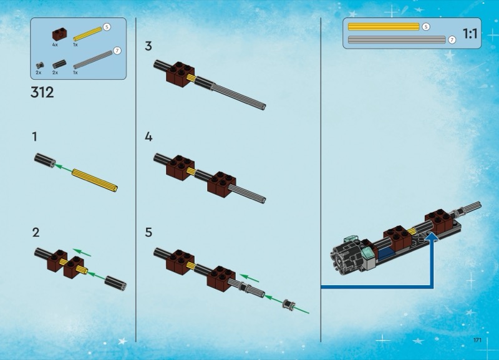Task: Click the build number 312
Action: tap(42, 92)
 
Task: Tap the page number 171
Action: tap(477, 340)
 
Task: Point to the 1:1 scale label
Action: tap(470, 34)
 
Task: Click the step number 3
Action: tap(148, 46)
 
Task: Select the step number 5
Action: tap(148, 232)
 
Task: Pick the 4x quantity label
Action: tap(55, 45)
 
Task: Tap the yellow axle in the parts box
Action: tap(87, 34)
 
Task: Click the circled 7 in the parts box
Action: tap(117, 51)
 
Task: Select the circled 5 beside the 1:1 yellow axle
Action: tap(426, 27)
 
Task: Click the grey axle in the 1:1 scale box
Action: tap(397, 40)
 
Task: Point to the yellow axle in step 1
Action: tap(95, 181)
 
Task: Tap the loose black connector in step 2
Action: tap(116, 283)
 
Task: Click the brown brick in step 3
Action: tap(180, 75)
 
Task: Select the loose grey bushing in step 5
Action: tap(289, 304)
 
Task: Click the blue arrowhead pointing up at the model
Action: tap(432, 238)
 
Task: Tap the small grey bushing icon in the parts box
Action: tap(40, 66)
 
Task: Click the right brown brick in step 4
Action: tap(221, 185)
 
